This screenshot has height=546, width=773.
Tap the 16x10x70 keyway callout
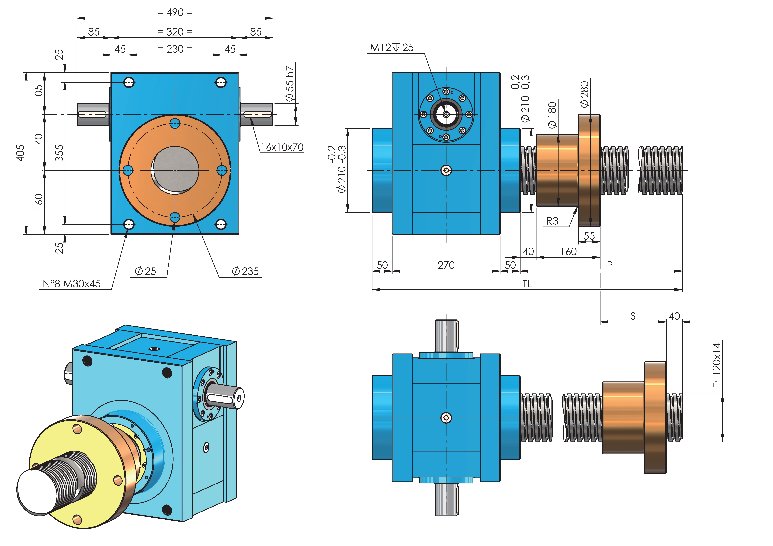pyautogui.click(x=282, y=147)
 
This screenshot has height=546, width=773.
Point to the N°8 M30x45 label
pyautogui.click(x=72, y=284)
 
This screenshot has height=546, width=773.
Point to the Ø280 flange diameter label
pyautogui.click(x=585, y=94)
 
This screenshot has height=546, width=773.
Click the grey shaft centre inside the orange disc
pyautogui.click(x=175, y=170)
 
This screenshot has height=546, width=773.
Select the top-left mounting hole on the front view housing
pyautogui.click(x=129, y=82)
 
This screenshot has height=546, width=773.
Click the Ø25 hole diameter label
pyautogui.click(x=145, y=271)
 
